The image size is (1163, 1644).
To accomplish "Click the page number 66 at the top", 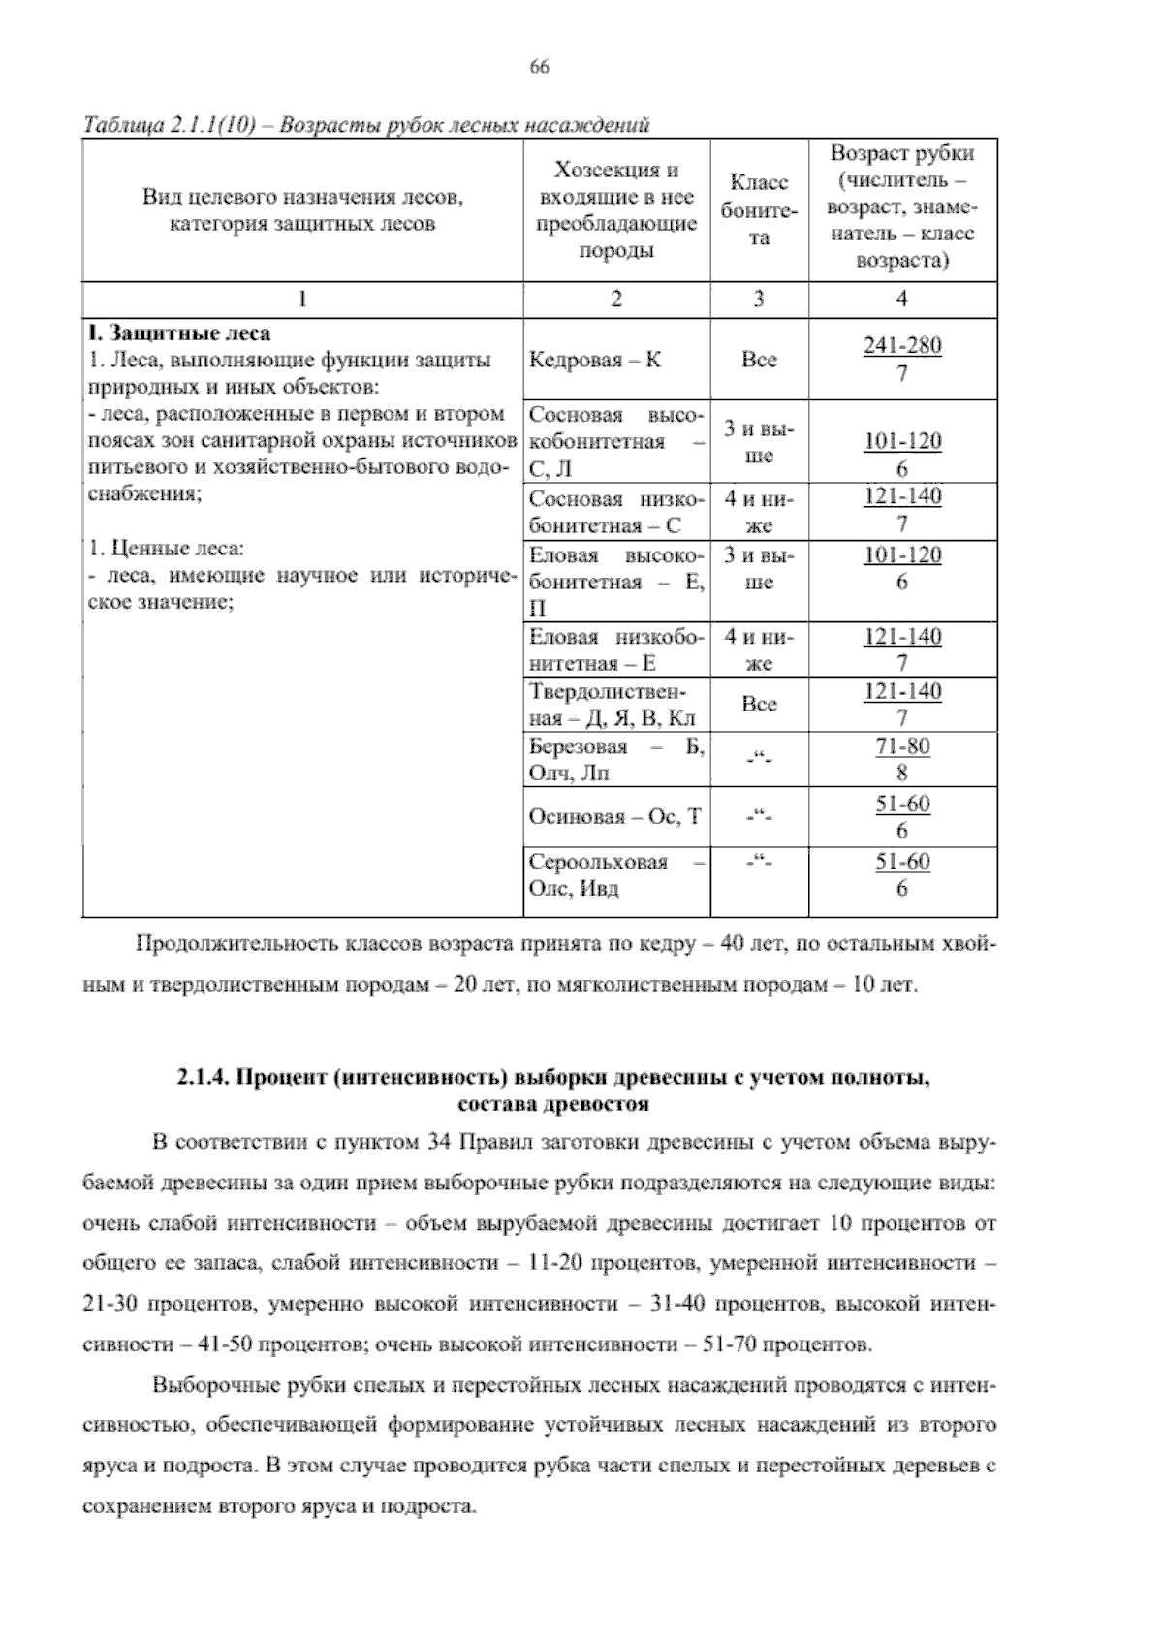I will (540, 66).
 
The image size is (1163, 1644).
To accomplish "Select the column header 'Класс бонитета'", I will (759, 210).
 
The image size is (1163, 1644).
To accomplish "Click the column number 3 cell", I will (759, 300).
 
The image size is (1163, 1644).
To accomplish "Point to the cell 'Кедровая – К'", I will (596, 361).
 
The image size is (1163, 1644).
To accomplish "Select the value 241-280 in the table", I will (902, 346).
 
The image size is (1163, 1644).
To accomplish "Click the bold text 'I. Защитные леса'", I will (179, 333).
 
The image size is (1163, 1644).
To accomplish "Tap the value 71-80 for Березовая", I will (902, 746).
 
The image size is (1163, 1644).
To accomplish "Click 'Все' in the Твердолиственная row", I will (759, 705).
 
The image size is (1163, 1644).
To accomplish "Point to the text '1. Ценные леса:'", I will (166, 549).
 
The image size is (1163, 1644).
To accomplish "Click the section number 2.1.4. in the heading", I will (203, 1079).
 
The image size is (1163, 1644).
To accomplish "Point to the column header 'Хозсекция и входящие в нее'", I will (616, 184).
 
